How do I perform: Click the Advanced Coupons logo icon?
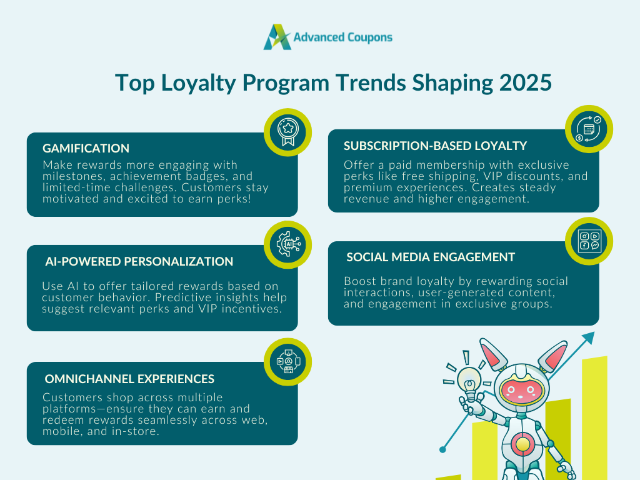click(277, 37)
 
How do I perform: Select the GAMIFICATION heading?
click(86, 148)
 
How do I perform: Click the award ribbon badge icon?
click(287, 132)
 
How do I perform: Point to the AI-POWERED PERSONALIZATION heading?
click(139, 262)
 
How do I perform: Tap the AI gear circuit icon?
click(288, 244)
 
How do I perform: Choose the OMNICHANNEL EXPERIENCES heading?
click(129, 379)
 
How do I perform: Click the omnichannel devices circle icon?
click(288, 362)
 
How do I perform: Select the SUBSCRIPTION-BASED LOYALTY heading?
click(435, 146)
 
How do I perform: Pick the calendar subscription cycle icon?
click(589, 129)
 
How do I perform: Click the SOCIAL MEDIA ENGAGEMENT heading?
click(431, 257)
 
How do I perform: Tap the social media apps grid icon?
click(589, 241)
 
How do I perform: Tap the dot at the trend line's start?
click(443, 450)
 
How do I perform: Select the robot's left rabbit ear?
click(492, 354)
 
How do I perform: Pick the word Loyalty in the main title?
click(198, 84)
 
